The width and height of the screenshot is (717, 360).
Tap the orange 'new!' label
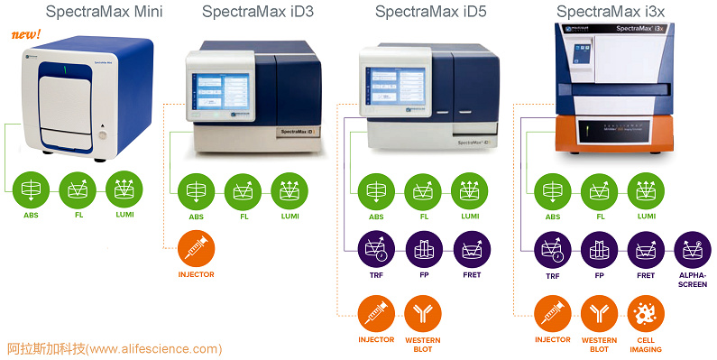pyautogui.click(x=24, y=35)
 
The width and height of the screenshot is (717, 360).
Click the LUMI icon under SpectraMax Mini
pyautogui.click(x=124, y=190)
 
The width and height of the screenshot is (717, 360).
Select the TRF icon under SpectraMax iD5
pyautogui.click(x=375, y=249)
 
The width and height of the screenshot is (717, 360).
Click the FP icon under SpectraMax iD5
pyautogui.click(x=422, y=249)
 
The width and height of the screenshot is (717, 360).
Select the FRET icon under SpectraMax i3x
pyautogui.click(x=646, y=249)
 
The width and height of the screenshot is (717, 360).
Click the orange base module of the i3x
pyautogui.click(x=612, y=139)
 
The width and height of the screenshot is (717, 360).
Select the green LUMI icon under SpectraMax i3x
pyautogui.click(x=646, y=190)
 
